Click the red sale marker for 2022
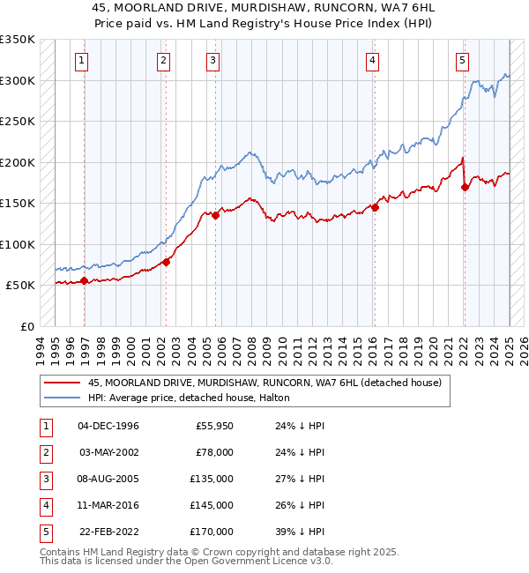[465, 187]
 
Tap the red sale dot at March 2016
[375, 208]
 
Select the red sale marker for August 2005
[216, 215]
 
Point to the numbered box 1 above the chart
[81, 61]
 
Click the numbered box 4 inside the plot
[373, 61]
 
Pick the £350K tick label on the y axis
[18, 40]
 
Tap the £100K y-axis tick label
[18, 244]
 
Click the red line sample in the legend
[62, 383]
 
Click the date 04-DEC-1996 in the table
[108, 427]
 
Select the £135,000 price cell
[212, 480]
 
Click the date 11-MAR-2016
[108, 506]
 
